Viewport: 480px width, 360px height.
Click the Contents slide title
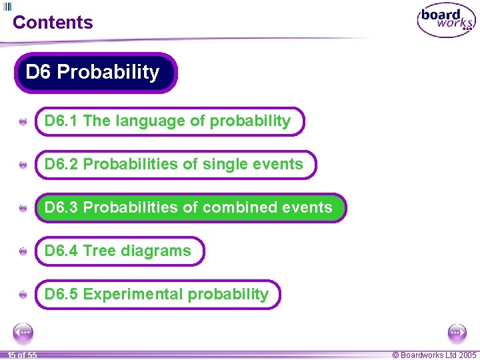[53, 22]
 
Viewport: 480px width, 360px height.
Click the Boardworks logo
[446, 21]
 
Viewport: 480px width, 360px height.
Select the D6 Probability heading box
[95, 72]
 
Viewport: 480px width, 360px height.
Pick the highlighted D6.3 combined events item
[190, 207]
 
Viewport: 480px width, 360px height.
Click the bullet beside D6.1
[23, 122]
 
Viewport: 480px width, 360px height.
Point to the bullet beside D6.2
[23, 165]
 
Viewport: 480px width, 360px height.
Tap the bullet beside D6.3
[23, 208]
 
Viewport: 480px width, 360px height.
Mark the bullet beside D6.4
[23, 251]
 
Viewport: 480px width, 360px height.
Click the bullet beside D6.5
[23, 295]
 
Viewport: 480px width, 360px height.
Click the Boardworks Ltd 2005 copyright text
[434, 355]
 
